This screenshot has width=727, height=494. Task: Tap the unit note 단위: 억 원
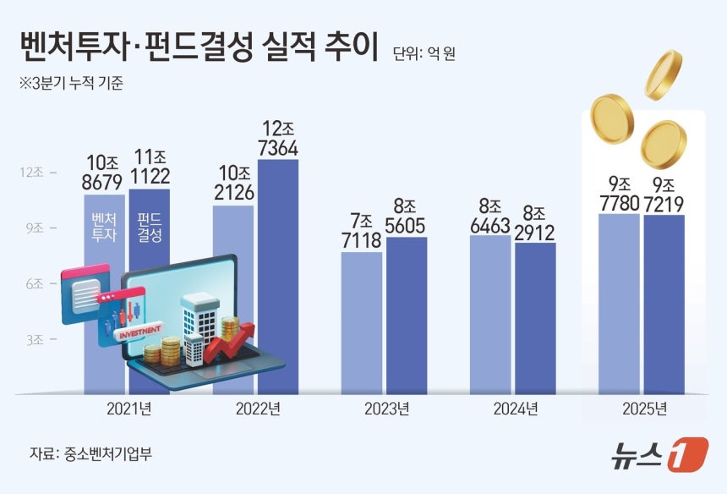tap(429, 55)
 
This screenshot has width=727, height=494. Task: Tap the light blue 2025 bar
tap(618, 305)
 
